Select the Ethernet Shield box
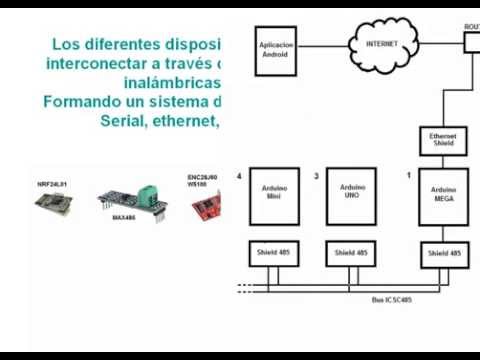[443, 140]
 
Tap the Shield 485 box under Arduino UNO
[352, 254]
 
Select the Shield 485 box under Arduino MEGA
[443, 254]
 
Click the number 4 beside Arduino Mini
[239, 176]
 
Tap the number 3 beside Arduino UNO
[317, 176]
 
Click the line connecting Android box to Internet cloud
[325, 46]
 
